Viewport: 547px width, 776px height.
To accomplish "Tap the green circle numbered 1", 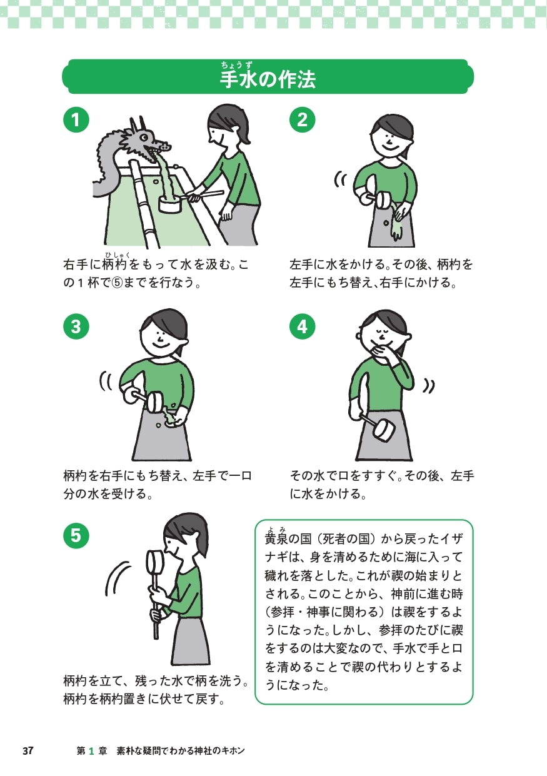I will tap(76, 119).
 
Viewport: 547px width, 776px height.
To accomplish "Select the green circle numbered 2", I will tap(303, 119).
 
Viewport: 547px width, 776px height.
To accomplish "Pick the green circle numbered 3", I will tap(76, 326).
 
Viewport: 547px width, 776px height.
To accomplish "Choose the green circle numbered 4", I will tap(303, 326).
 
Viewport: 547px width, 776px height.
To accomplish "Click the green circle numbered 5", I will tap(76, 535).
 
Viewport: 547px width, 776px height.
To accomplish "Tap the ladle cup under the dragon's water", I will tap(169, 203).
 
